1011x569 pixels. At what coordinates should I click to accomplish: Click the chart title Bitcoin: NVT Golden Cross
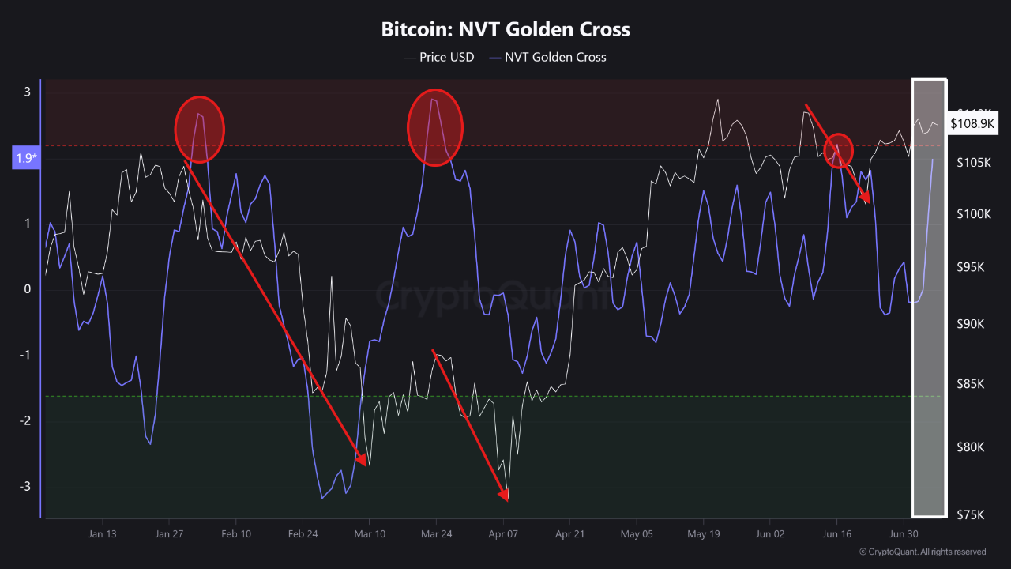tap(505, 30)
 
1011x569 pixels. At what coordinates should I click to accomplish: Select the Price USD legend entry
tap(439, 57)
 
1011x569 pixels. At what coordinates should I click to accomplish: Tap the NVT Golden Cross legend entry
tap(548, 57)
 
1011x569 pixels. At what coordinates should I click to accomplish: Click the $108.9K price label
tap(973, 123)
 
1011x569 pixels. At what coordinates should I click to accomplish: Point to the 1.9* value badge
tap(27, 158)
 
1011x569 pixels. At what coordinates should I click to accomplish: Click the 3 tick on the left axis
tap(27, 92)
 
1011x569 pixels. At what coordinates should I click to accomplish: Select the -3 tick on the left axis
tap(27, 486)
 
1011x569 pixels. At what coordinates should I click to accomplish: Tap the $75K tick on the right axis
tap(970, 515)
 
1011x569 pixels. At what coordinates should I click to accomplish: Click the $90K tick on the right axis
tap(970, 325)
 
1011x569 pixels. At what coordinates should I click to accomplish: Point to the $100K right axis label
tap(972, 214)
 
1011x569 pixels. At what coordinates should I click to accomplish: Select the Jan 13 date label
tap(103, 534)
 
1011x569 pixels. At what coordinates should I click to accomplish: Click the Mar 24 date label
tap(436, 534)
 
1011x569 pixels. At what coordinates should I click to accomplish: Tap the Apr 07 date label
tap(503, 534)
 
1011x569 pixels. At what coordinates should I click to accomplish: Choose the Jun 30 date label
tap(903, 534)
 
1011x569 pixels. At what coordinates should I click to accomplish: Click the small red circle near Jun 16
tap(839, 150)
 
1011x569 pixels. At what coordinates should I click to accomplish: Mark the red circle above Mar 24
tap(435, 127)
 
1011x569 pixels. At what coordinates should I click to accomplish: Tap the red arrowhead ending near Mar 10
tap(363, 461)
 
